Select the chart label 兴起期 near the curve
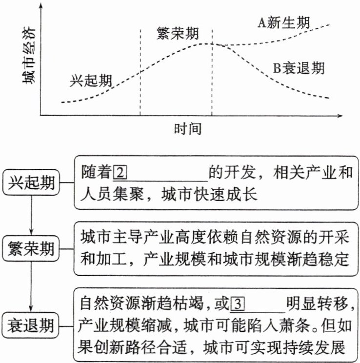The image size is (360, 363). tap(91, 80)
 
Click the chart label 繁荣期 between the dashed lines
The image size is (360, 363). tap(177, 34)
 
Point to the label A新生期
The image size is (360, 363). tap(284, 22)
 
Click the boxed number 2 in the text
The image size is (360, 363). tap(120, 173)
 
